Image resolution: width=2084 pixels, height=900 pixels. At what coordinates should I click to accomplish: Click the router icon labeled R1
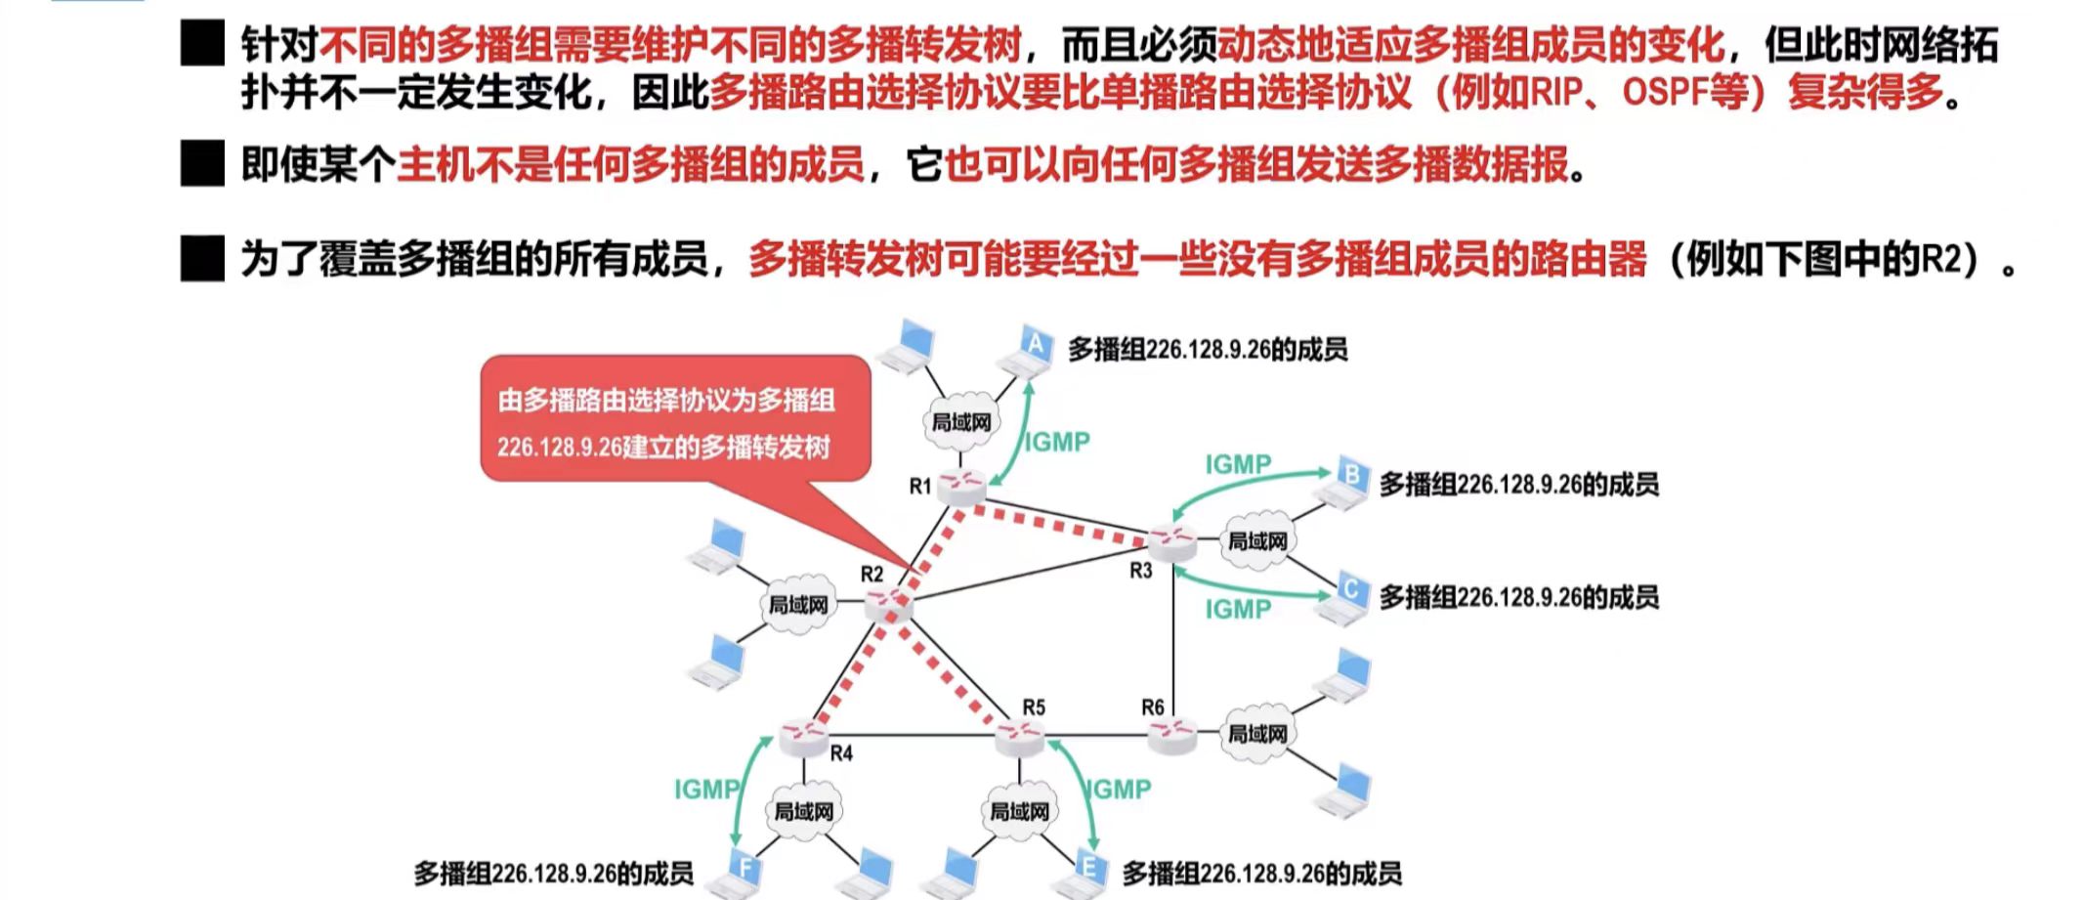[963, 486]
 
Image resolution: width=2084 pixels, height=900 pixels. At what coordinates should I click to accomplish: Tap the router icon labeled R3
[1171, 541]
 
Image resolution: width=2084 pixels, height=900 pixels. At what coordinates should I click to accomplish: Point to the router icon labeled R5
[1020, 736]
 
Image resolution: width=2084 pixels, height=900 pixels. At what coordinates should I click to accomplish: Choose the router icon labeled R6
[1171, 735]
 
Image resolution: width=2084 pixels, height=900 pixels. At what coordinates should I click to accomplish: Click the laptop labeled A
[1032, 351]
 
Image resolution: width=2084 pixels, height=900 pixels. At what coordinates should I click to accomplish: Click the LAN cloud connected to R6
[1257, 733]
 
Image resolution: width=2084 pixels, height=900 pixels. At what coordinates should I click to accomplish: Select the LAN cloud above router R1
[961, 422]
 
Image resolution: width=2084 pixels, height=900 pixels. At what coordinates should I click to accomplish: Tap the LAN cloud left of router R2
[798, 605]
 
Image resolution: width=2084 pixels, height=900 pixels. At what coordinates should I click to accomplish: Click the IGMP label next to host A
[1057, 443]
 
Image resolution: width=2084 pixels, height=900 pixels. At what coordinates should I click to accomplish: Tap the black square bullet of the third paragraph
[202, 259]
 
